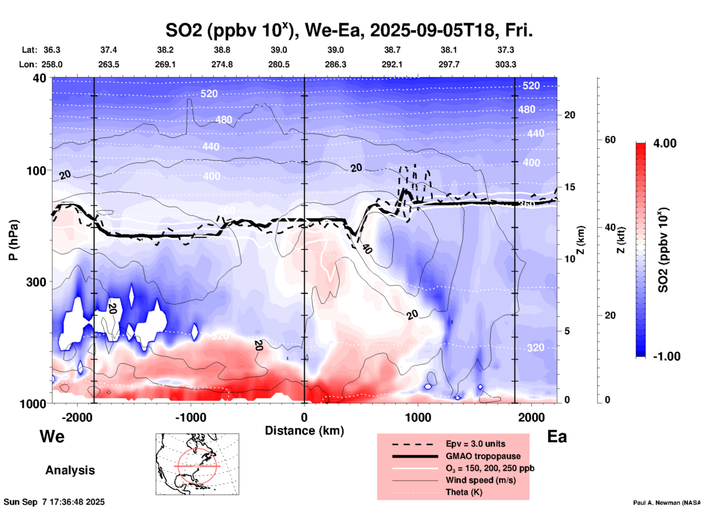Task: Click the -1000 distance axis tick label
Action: (x=191, y=417)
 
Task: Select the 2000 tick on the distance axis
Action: (x=531, y=417)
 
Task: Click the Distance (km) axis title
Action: (x=304, y=431)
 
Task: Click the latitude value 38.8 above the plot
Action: (x=222, y=50)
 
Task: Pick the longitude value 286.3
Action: (x=336, y=64)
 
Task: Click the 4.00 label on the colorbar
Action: (x=665, y=143)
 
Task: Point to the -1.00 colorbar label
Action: (x=666, y=356)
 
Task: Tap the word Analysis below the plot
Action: (x=70, y=470)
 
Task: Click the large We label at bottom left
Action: (x=52, y=436)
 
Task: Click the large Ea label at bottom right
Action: (x=557, y=436)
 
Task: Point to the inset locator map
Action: (x=197, y=464)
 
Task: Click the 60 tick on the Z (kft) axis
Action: (x=610, y=140)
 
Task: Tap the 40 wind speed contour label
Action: (x=367, y=249)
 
